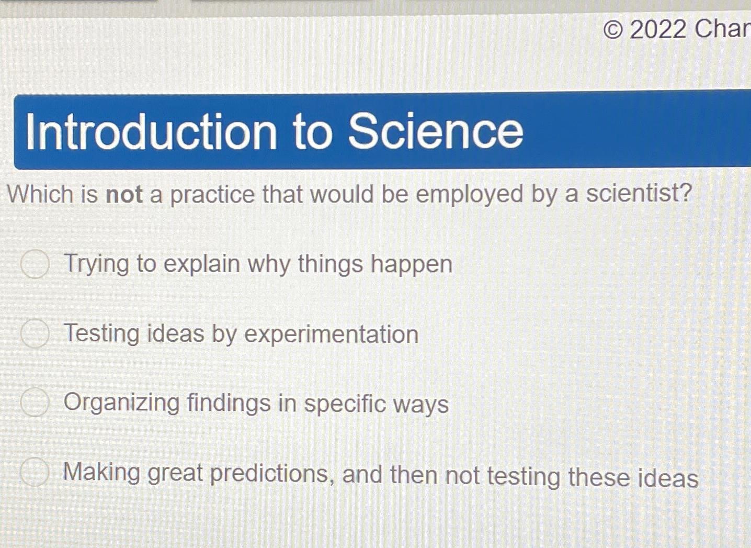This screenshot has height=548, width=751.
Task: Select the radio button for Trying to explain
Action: [35, 263]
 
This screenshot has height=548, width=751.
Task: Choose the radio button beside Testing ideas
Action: [35, 333]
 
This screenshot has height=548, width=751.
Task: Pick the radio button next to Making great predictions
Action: [35, 472]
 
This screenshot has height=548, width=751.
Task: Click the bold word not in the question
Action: [124, 195]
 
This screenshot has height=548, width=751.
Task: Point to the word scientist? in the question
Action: [639, 193]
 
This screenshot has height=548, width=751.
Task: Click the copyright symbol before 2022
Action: [613, 30]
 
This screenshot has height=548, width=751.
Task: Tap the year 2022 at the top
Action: [658, 29]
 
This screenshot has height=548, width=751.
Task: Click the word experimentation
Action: [332, 335]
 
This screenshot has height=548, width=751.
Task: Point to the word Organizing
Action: [122, 403]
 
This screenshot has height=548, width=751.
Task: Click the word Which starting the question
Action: [40, 195]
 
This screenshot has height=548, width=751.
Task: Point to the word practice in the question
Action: [212, 195]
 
